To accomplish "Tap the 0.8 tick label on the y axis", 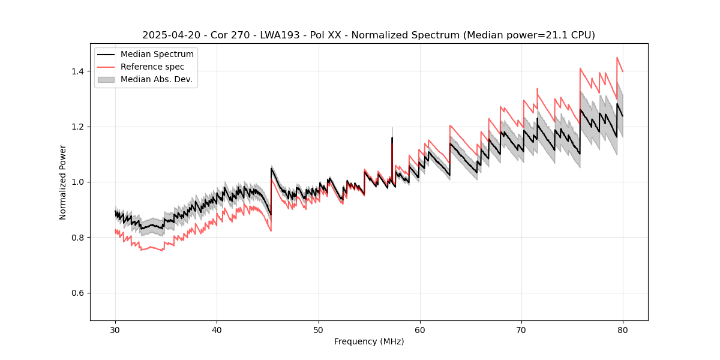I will [x=80, y=238].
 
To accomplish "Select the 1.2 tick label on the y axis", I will [x=80, y=127].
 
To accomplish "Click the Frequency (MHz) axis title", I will [x=369, y=341].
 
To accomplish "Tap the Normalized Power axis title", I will [x=63, y=182].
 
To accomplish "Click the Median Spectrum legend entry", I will [x=157, y=55].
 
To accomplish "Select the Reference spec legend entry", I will [x=152, y=67].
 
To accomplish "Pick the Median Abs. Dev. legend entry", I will [x=156, y=79].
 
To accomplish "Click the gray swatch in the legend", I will [x=107, y=79].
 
